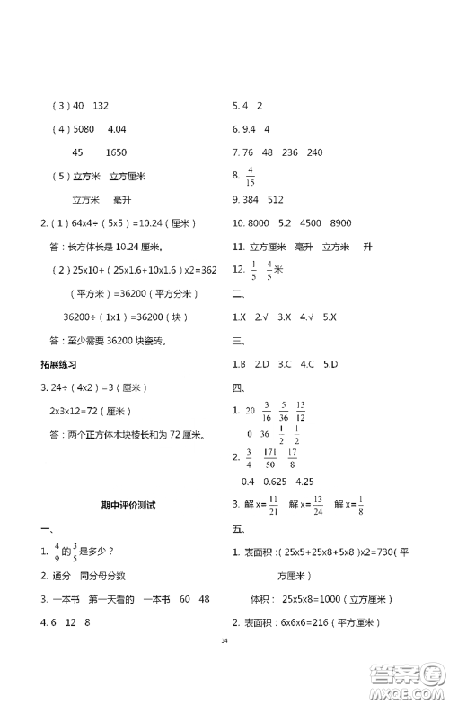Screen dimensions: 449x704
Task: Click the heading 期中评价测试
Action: (129, 505)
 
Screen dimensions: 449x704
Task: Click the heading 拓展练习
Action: (59, 364)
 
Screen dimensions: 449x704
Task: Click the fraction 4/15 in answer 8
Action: (251, 175)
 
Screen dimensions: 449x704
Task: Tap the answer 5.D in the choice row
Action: (329, 364)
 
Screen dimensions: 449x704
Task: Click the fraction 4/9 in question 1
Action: (57, 552)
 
